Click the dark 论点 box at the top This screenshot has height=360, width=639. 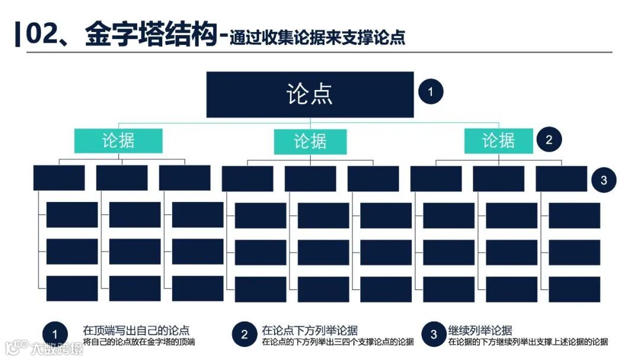point(309,95)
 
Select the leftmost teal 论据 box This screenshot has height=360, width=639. point(118,141)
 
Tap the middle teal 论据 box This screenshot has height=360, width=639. point(310,142)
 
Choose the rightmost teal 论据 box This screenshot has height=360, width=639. point(498,141)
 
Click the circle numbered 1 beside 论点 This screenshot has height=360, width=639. point(431,92)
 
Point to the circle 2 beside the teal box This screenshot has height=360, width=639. point(549,140)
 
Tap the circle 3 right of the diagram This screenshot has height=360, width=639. point(603,180)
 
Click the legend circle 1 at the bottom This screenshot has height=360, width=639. point(55,334)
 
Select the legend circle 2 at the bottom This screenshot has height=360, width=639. point(244,335)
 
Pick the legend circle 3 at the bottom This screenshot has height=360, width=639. point(434,335)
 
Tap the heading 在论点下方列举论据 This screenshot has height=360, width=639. point(309,330)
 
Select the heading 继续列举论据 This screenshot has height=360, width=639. point(480,330)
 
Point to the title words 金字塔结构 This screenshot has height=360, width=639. point(151,34)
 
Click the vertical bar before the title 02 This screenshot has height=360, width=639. point(18,34)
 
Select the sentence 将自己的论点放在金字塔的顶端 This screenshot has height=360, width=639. point(139,342)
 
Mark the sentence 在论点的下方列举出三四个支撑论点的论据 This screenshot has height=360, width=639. point(338,342)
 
